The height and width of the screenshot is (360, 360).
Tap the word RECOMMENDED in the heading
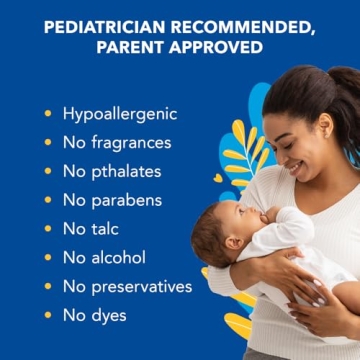pyautogui.click(x=250, y=27)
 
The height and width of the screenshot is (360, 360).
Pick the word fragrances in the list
pyautogui.click(x=130, y=143)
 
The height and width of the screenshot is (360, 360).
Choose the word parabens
pyautogui.click(x=126, y=200)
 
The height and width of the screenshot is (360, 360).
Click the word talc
pyautogui.click(x=105, y=229)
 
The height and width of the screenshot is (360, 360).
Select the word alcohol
pyautogui.click(x=118, y=257)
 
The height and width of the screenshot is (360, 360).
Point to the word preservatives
pyautogui.click(x=141, y=286)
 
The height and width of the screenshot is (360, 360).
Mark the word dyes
pyautogui.click(x=109, y=315)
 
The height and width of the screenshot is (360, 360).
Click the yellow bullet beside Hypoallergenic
pyautogui.click(x=46, y=114)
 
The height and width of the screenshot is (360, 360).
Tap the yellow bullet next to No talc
pyautogui.click(x=46, y=229)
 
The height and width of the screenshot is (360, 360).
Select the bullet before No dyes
pyautogui.click(x=46, y=315)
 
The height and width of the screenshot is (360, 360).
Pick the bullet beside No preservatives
pyautogui.click(x=46, y=286)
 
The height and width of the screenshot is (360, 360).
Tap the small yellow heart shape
pyautogui.click(x=219, y=178)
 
